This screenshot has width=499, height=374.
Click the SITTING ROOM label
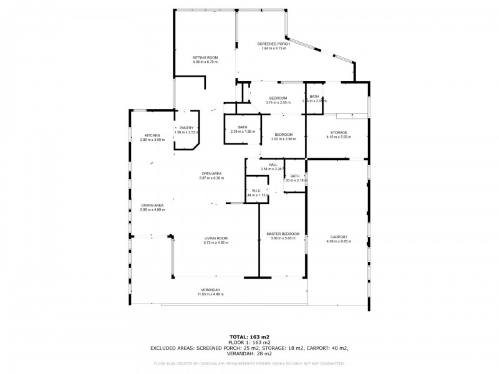204,57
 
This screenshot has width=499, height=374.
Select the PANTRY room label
187,128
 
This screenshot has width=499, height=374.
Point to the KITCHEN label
153,135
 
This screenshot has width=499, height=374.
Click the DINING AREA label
152,205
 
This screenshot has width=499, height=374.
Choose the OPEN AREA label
212,173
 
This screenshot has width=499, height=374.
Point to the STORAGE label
339,132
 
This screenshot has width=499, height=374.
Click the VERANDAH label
210,290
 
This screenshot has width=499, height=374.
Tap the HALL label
273,165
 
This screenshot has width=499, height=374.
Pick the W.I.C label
256,191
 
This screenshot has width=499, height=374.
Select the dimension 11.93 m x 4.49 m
210,294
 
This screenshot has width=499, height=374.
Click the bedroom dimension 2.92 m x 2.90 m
284,139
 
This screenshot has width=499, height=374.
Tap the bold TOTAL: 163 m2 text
249,337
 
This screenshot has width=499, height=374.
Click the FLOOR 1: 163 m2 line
249,342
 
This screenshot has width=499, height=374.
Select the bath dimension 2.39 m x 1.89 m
243,132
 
